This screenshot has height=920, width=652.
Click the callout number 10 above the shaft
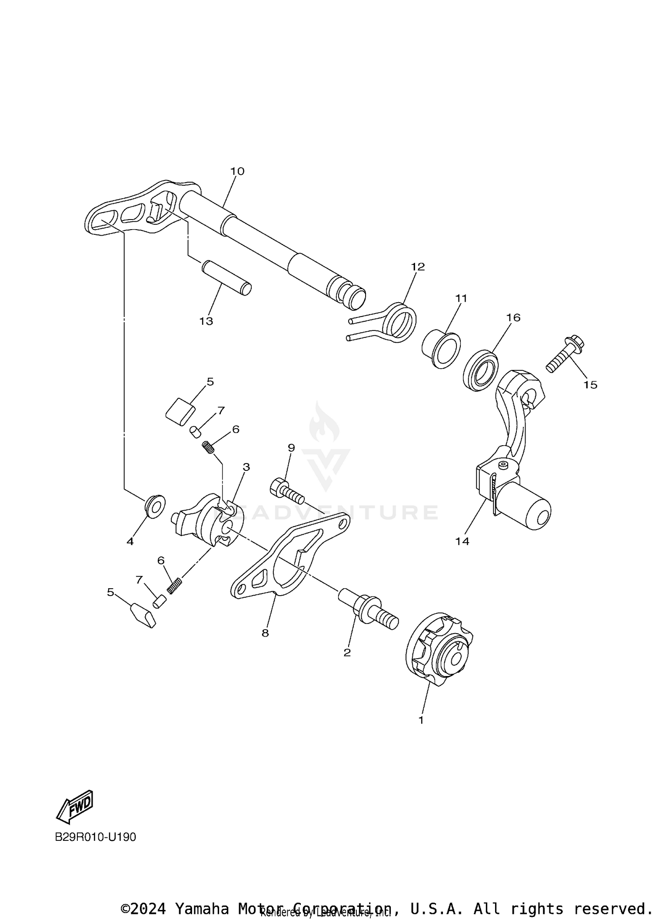[x=237, y=171]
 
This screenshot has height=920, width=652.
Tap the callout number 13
[x=206, y=321]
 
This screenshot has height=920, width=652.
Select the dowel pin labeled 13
[x=226, y=278]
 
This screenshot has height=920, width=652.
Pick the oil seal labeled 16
[x=480, y=369]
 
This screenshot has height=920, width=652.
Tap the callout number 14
[x=462, y=541]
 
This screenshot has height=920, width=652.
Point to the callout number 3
[x=246, y=467]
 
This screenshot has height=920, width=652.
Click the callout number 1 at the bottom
[x=421, y=720]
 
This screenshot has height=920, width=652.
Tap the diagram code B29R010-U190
[x=95, y=837]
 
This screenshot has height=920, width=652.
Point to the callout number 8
[x=265, y=633]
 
